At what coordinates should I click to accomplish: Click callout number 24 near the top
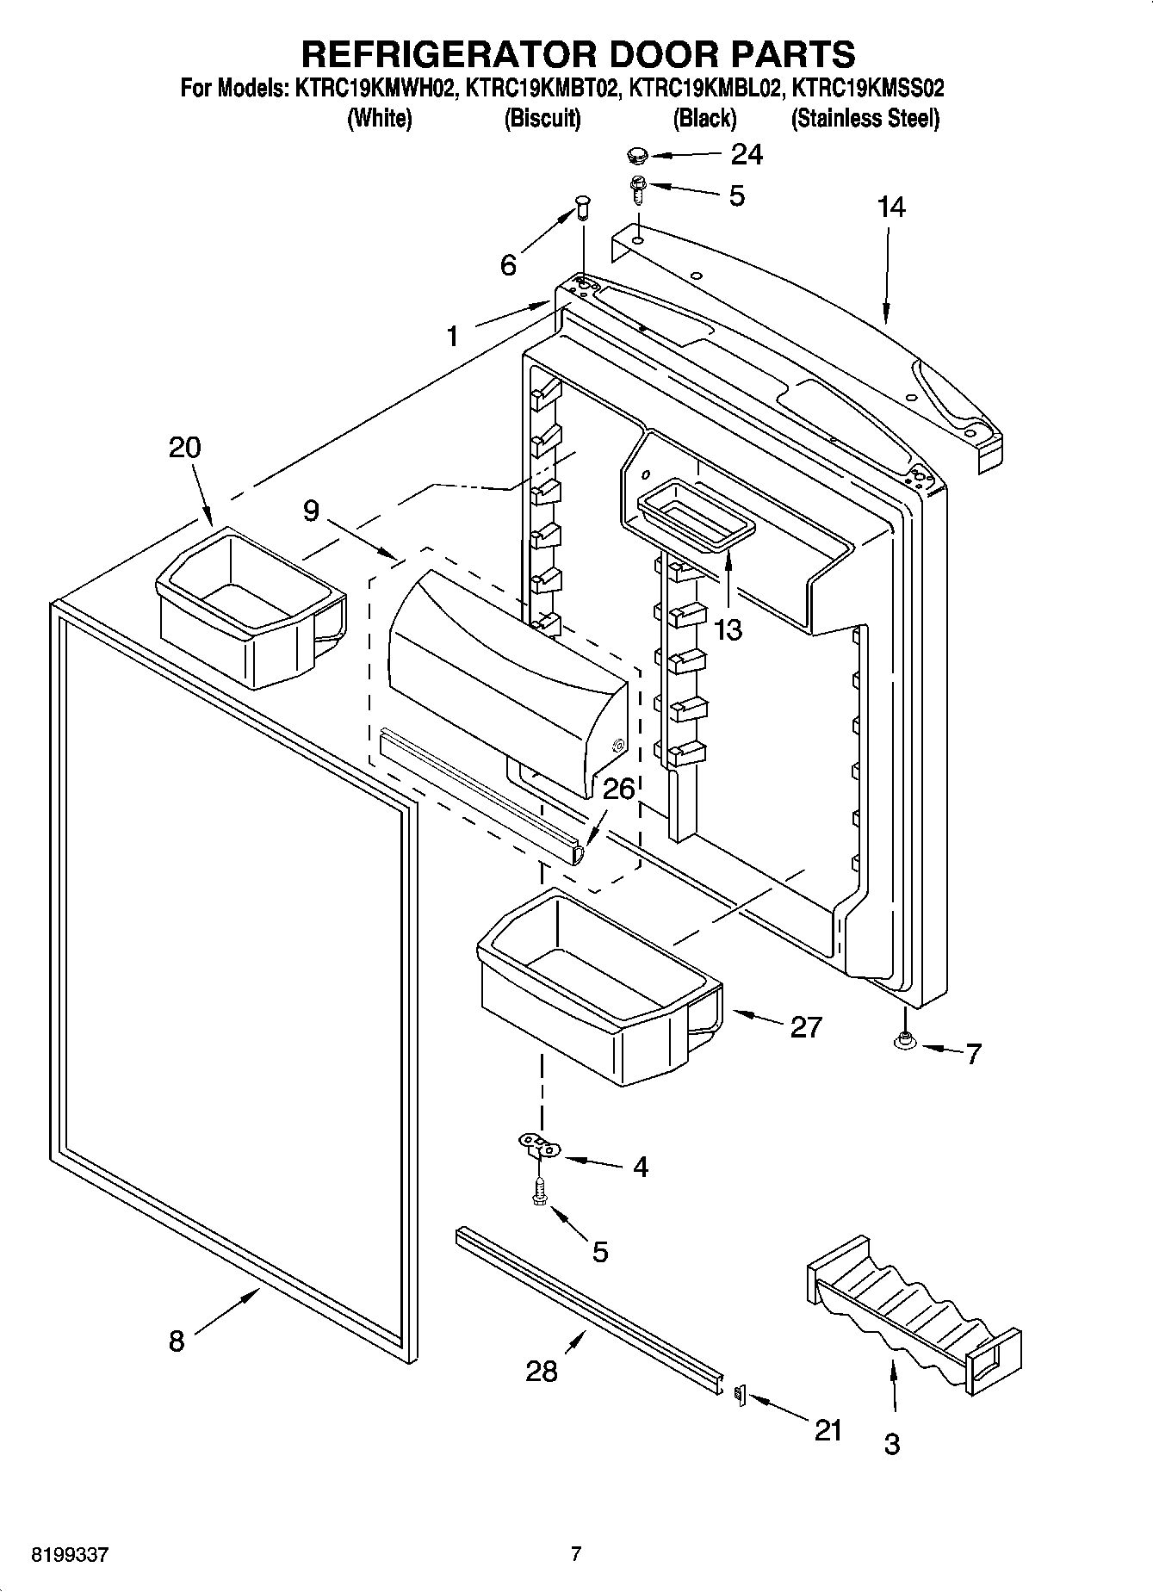[746, 154]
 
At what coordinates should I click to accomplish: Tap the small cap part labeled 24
[636, 155]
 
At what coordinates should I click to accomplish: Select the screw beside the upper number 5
[637, 188]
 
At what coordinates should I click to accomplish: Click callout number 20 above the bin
[185, 448]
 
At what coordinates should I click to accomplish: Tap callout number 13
[728, 629]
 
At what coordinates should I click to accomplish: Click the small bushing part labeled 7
[903, 1041]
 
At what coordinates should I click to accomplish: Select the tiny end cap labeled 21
[738, 1393]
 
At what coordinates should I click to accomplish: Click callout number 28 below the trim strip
[542, 1371]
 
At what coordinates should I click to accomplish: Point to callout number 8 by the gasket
[177, 1341]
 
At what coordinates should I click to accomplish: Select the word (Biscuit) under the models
[542, 118]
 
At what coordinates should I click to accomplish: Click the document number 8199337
[71, 1554]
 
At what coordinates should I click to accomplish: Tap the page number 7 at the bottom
[576, 1553]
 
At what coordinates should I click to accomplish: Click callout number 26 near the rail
[618, 790]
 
